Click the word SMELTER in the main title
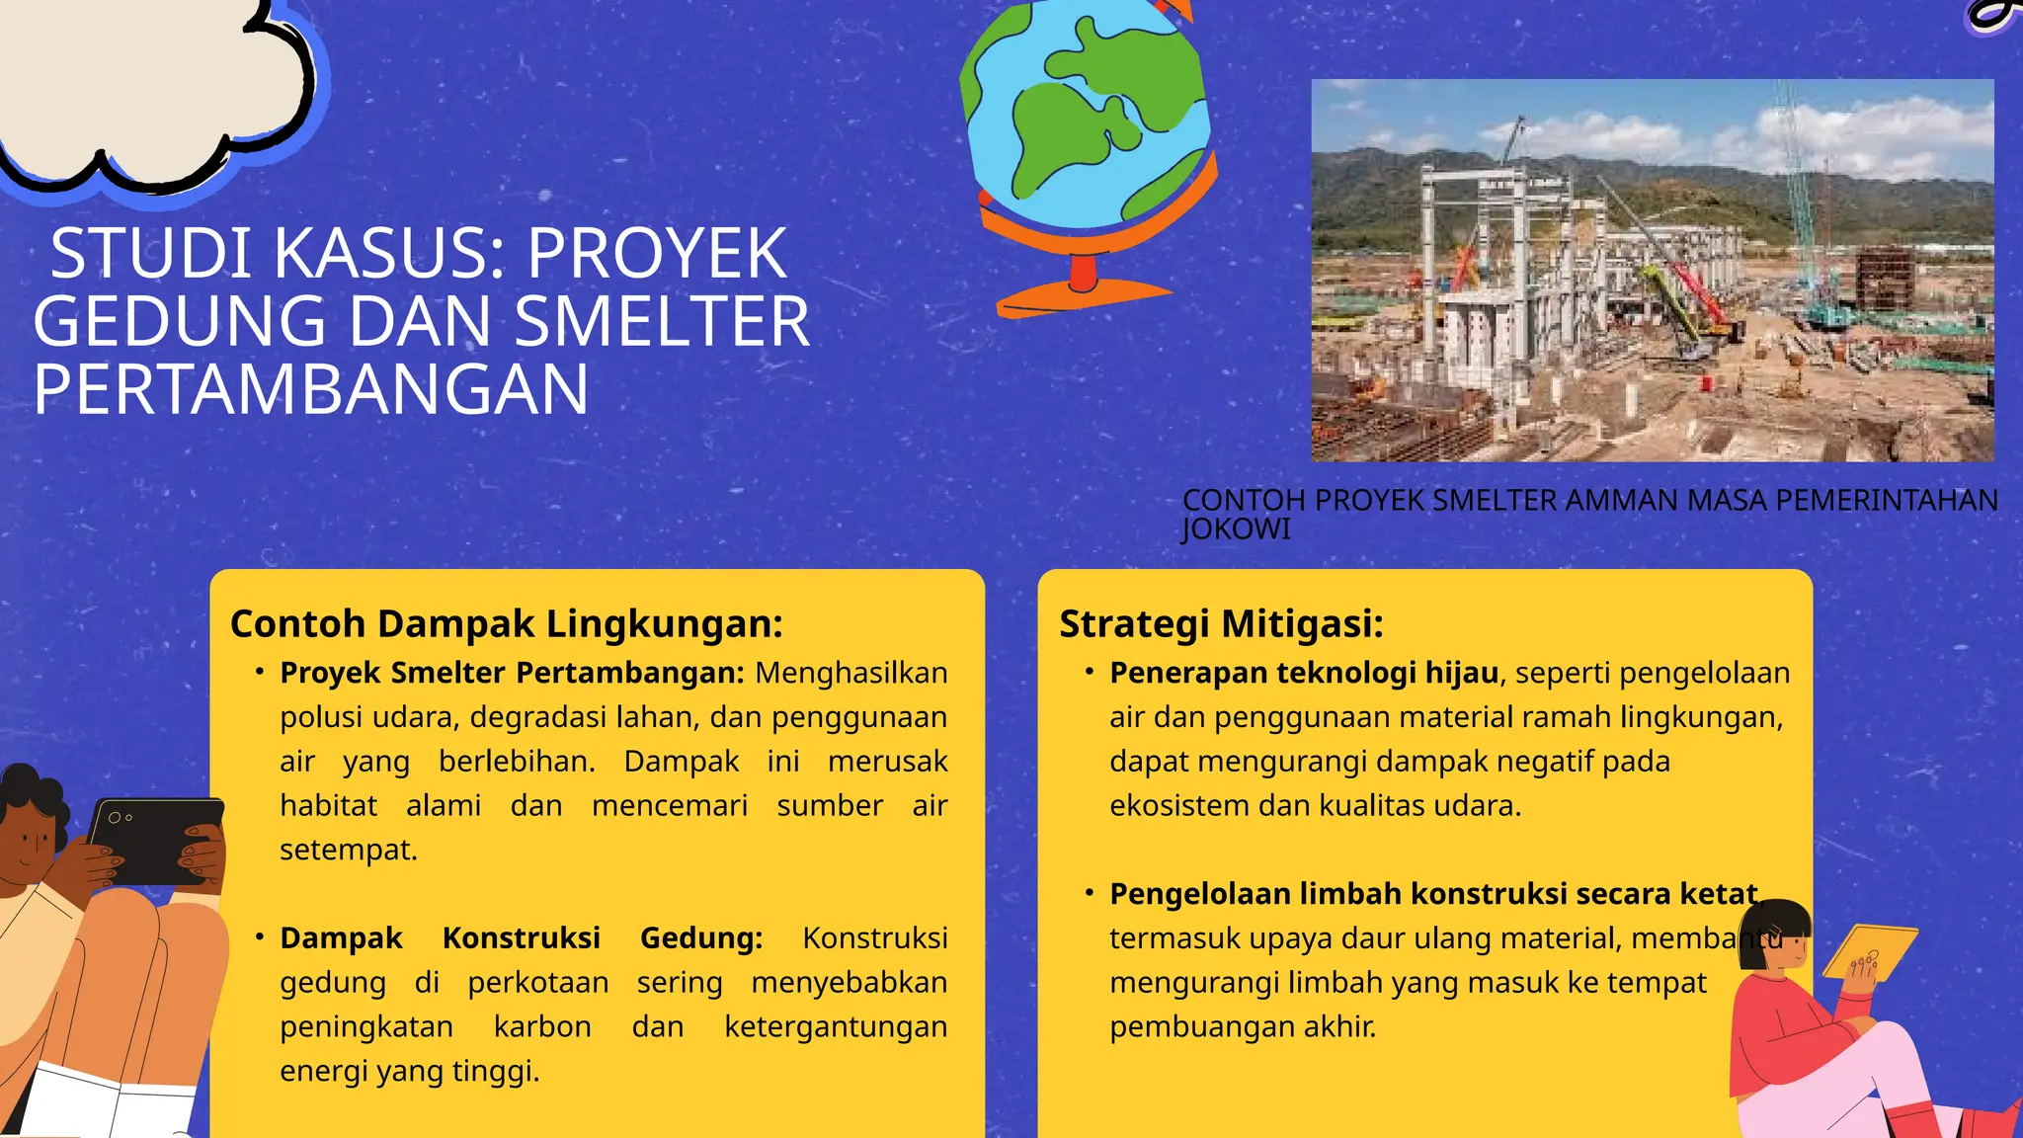pos(662,322)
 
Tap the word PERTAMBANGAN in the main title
pos(311,389)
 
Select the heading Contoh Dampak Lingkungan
pos(506,623)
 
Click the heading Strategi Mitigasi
pos(1221,623)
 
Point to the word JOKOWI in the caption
pos(1236,529)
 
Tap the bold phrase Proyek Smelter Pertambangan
pos(512,673)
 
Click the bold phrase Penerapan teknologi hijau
pos(1304,673)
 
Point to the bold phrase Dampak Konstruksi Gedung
pos(521,937)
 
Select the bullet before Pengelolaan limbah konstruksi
pos(1089,893)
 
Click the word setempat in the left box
pos(348,850)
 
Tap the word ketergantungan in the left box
pos(836,1026)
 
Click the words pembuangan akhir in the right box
pos(1242,1026)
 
